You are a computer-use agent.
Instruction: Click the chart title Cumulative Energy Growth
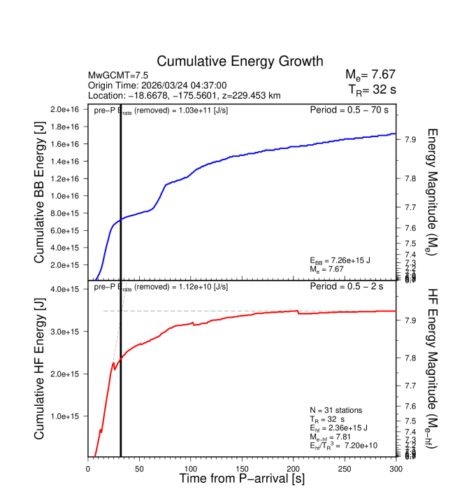tap(240, 62)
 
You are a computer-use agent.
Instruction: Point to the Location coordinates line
tap(185, 95)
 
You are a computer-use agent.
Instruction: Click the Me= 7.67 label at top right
tap(371, 75)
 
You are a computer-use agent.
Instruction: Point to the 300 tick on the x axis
tap(396, 468)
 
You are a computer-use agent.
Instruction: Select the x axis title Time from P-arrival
tap(242, 479)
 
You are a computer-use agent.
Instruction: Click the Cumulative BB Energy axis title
tap(40, 193)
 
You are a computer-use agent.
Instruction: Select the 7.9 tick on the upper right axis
tap(410, 140)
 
